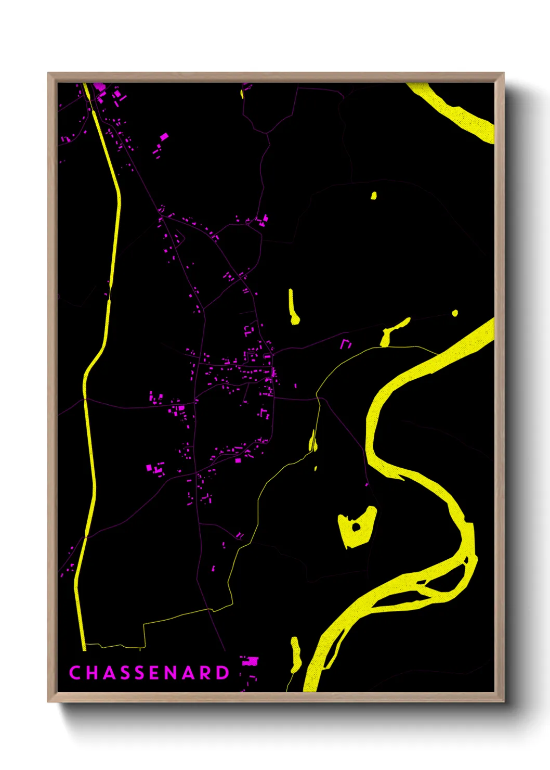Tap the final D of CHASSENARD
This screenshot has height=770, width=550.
[x=222, y=673]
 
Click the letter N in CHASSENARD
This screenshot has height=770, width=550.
[x=174, y=673]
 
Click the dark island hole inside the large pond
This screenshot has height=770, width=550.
[x=356, y=527]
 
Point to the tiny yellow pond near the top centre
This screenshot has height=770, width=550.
[x=373, y=196]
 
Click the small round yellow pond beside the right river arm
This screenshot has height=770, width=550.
[x=455, y=313]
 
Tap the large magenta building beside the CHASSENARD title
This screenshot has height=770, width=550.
[x=251, y=661]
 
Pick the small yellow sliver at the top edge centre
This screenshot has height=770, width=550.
[x=242, y=94]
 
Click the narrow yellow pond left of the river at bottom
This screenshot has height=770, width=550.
[x=296, y=654]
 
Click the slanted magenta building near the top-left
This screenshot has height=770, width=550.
[x=164, y=136]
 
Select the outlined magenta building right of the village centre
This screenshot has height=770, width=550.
[x=346, y=344]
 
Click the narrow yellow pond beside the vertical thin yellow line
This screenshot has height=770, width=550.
[x=313, y=441]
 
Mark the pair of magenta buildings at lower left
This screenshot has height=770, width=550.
[x=155, y=468]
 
